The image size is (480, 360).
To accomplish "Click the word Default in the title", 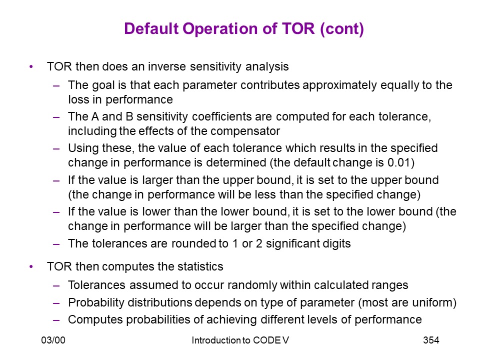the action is pyautogui.click(x=151, y=28).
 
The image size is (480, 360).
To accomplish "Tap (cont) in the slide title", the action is pyautogui.click(x=341, y=29).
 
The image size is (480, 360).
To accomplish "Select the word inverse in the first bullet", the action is pyautogui.click(x=167, y=66).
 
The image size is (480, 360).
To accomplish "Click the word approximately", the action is pyautogui.click(x=339, y=85).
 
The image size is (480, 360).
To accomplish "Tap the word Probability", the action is pyautogui.click(x=96, y=303).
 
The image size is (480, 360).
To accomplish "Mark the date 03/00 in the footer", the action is pyautogui.click(x=53, y=340).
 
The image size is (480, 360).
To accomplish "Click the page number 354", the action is pyautogui.click(x=431, y=340).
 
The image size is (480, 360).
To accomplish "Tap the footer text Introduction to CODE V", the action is pyautogui.click(x=240, y=340).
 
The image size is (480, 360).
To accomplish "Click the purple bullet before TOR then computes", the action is pyautogui.click(x=31, y=266).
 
